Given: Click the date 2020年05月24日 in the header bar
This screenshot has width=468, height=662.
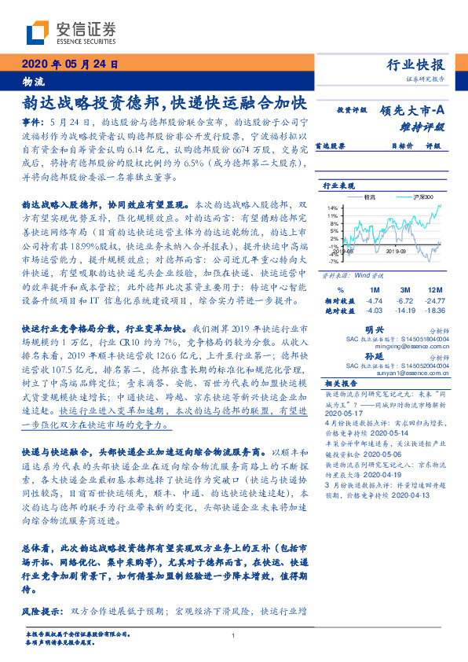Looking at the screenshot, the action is click(x=69, y=64).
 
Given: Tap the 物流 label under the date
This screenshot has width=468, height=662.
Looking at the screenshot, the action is click(x=33, y=81).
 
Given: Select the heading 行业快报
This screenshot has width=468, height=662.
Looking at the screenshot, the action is click(x=418, y=65).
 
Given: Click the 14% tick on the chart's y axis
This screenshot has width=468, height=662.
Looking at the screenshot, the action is click(x=333, y=208).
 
